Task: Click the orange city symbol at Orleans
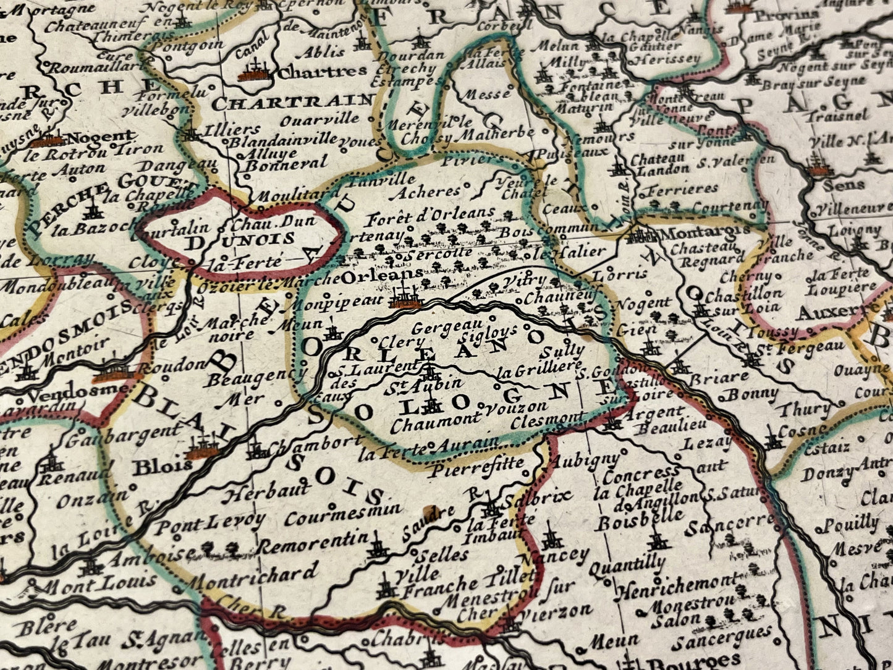pos(405,299)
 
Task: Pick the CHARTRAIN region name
pos(292,101)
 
